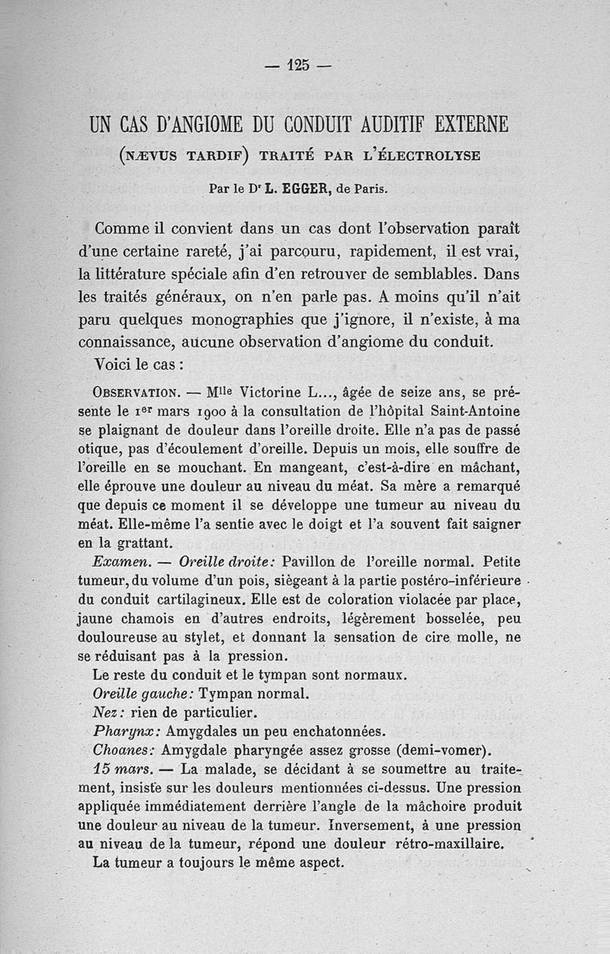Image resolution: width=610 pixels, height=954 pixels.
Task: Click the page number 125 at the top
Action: point(298,66)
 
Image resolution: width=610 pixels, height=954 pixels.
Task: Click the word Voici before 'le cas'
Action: point(117,364)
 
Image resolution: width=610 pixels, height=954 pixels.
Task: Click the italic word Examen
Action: point(114,561)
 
